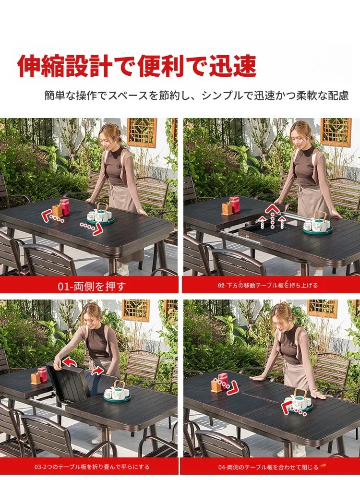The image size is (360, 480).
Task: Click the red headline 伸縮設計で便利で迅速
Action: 136,66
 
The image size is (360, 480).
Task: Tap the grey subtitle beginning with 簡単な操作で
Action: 196,96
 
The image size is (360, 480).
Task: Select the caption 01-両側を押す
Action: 92,286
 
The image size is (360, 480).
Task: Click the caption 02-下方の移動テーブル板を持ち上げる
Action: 268,285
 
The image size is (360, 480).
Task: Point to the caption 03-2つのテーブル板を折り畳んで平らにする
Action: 92,467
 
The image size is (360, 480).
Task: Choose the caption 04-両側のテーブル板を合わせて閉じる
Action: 268,467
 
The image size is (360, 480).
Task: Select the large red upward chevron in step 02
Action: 272,209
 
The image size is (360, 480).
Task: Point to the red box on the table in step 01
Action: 65,207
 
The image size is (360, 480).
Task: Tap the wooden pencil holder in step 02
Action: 227,208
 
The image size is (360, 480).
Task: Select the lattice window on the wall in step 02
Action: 336,132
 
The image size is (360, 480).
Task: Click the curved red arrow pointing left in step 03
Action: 70,362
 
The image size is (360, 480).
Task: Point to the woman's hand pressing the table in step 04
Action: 256,378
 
